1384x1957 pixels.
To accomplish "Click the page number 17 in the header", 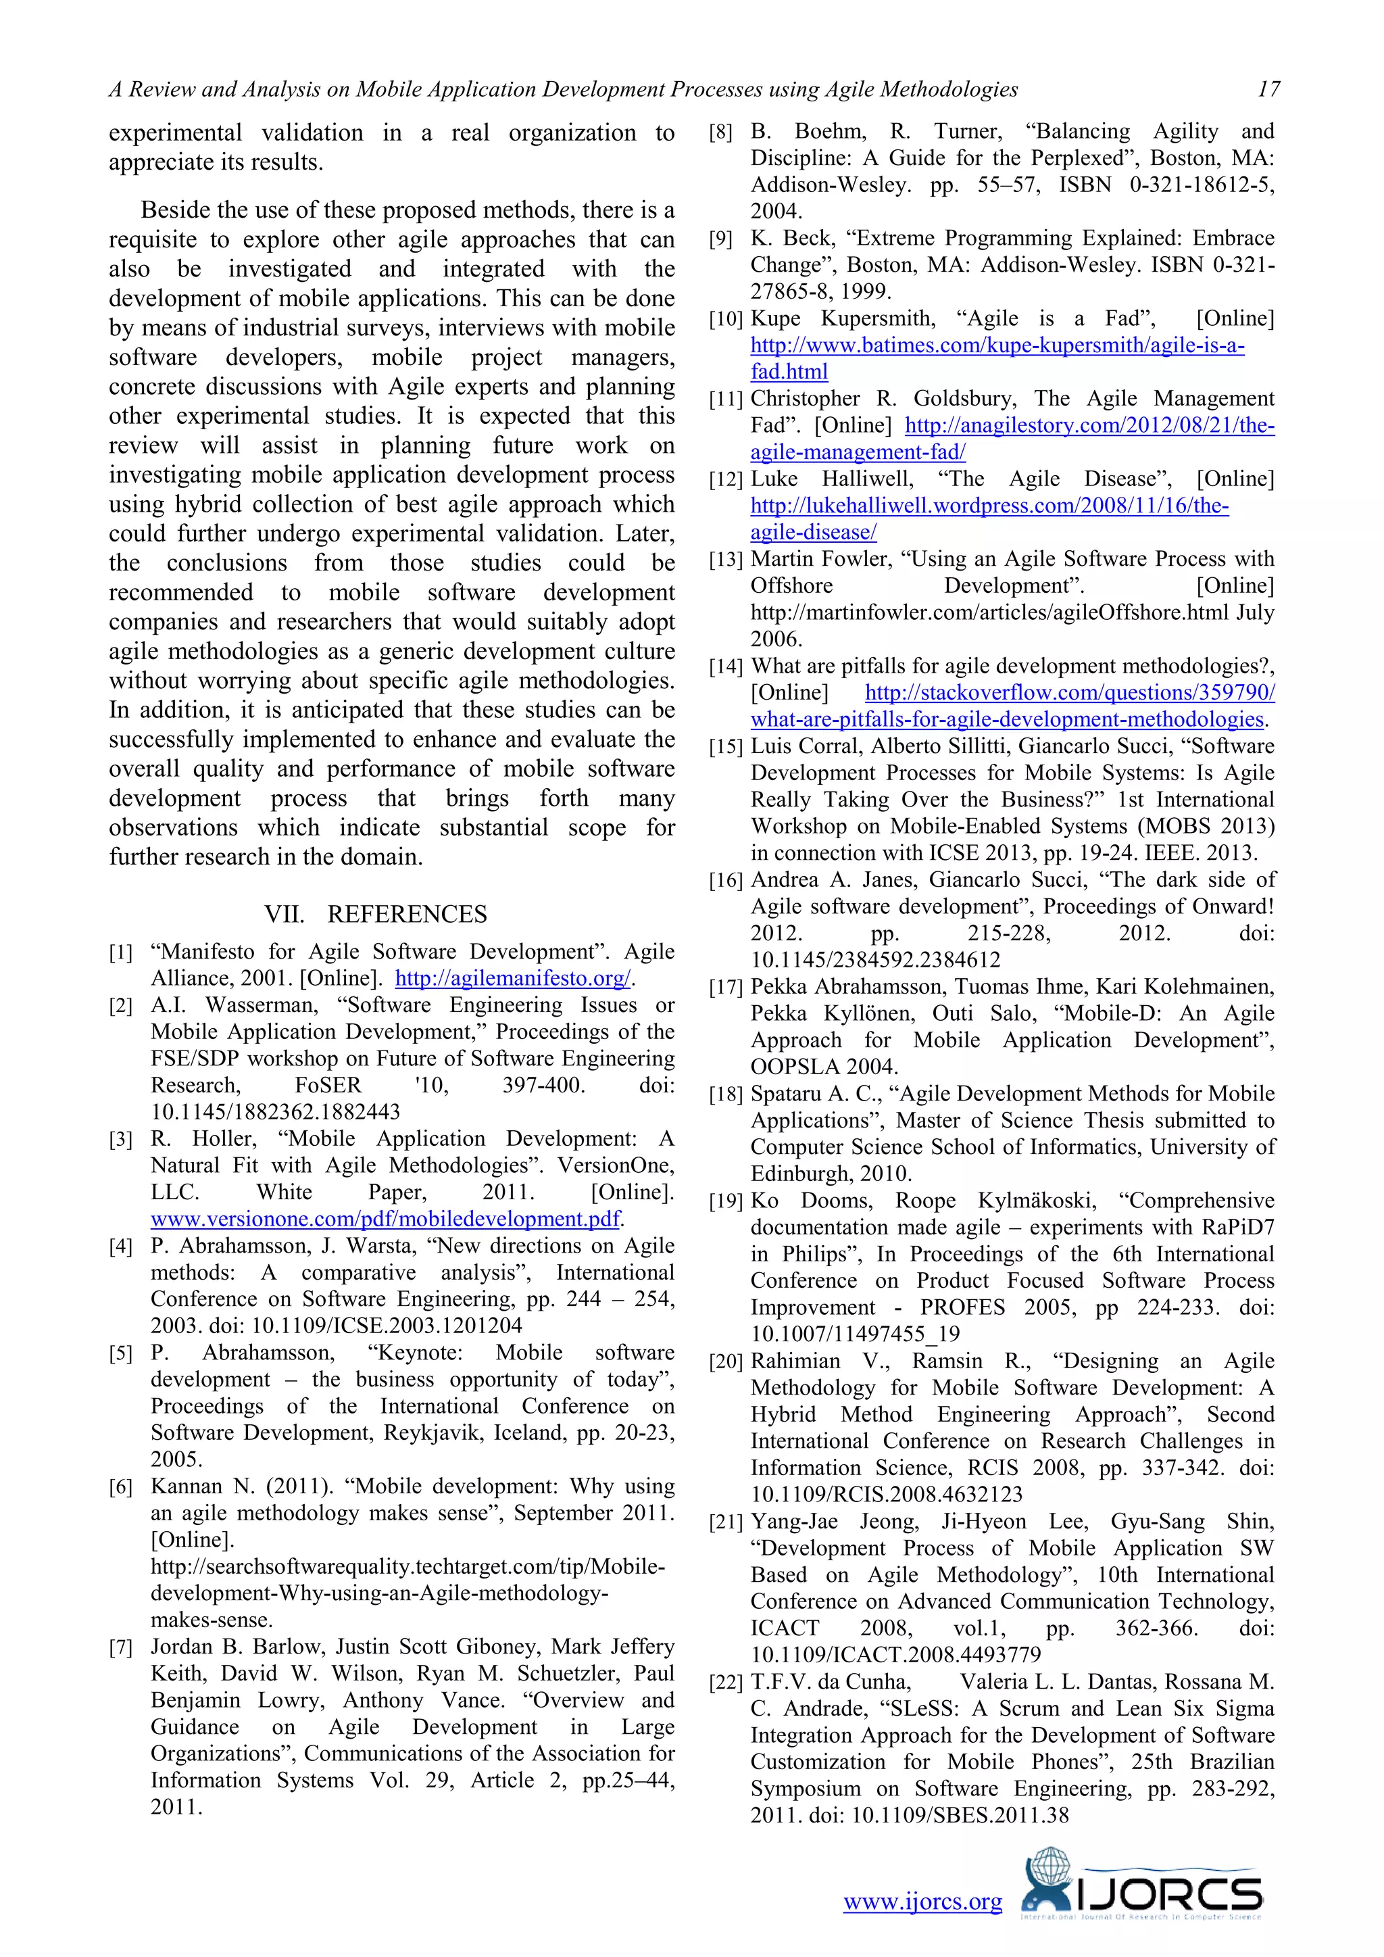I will point(1268,89).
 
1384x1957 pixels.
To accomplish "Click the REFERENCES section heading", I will point(407,914).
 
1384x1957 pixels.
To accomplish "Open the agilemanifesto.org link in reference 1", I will point(513,979).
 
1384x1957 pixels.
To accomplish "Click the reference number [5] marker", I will point(120,1353).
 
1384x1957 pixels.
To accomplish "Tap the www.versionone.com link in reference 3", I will point(385,1219).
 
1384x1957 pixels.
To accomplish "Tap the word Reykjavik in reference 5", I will point(430,1433).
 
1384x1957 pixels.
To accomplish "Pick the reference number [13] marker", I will point(726,560).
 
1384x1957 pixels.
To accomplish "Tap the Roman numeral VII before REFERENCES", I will point(285,914).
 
